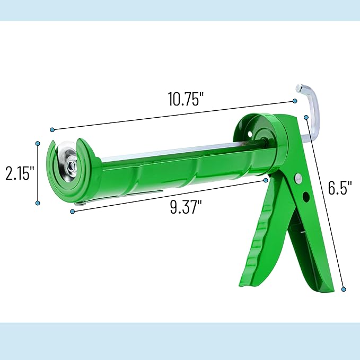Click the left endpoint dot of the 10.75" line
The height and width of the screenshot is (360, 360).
(x=52, y=130)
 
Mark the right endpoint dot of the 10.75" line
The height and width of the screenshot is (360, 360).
(x=294, y=101)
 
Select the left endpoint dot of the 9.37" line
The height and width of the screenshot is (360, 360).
(x=72, y=211)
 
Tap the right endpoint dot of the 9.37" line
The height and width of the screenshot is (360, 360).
(x=266, y=180)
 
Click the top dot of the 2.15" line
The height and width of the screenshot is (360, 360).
(x=38, y=143)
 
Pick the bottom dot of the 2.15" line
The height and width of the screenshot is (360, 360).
(x=38, y=203)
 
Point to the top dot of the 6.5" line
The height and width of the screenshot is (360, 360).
(x=306, y=116)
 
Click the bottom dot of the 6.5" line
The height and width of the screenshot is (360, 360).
(x=344, y=289)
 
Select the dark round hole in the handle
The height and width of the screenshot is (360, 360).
(x=306, y=197)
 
